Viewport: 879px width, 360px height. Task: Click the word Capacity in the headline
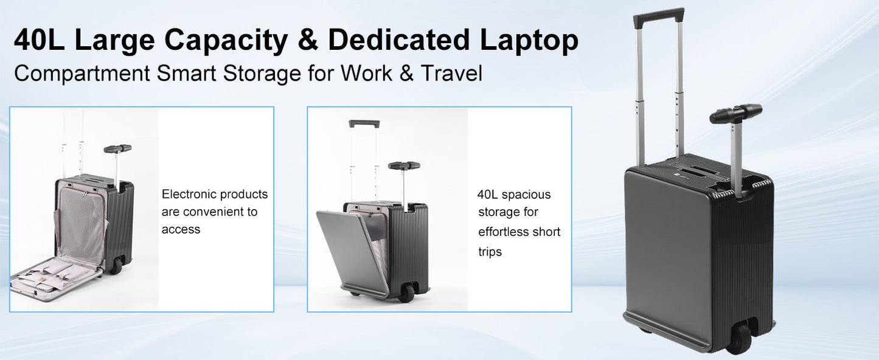pos(226,41)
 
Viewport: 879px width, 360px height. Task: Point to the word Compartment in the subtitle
pos(82,74)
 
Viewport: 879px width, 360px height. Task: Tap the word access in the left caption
pos(181,230)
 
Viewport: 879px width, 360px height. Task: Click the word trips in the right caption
pos(490,252)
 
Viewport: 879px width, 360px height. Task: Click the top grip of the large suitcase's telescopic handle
pos(658,17)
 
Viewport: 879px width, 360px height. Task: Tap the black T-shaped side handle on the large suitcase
pos(736,113)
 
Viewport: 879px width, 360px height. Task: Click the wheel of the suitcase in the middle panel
pos(406,293)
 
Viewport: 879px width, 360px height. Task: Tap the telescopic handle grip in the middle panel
pos(364,123)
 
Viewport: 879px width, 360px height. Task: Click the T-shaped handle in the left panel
pos(117,148)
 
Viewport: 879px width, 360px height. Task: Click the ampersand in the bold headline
pos(307,41)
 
